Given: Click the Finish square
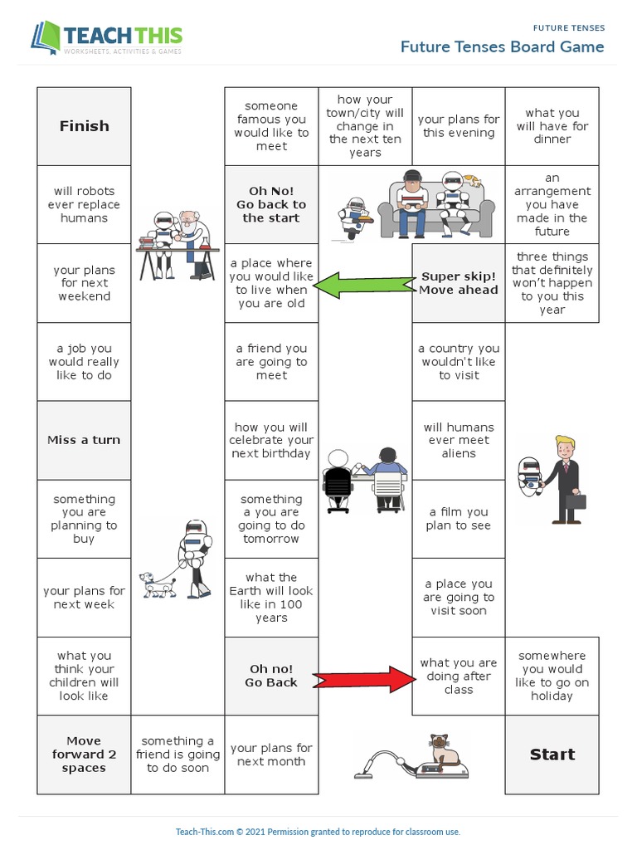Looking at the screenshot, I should pyautogui.click(x=84, y=126).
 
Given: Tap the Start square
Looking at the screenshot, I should pyautogui.click(x=552, y=755).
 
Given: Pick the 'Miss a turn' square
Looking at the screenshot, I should pyautogui.click(x=84, y=440).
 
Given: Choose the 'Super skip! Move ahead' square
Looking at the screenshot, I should pyautogui.click(x=459, y=283).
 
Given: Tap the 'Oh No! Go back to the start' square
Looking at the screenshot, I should pyautogui.click(x=271, y=204).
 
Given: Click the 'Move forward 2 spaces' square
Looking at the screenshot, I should pyautogui.click(x=84, y=755).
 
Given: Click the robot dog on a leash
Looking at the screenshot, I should pyautogui.click(x=158, y=584).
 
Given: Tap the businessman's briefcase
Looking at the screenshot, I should pyautogui.click(x=576, y=501).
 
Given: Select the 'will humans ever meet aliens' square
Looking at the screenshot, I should pyautogui.click(x=459, y=440).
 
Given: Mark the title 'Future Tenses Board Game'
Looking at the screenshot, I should pyautogui.click(x=502, y=46).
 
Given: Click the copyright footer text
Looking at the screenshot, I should pyautogui.click(x=318, y=832).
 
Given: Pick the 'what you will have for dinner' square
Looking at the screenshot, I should pyautogui.click(x=552, y=126).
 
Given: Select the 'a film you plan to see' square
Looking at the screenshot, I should pyautogui.click(x=459, y=519).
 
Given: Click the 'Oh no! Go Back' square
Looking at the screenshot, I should pyautogui.click(x=271, y=676).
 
